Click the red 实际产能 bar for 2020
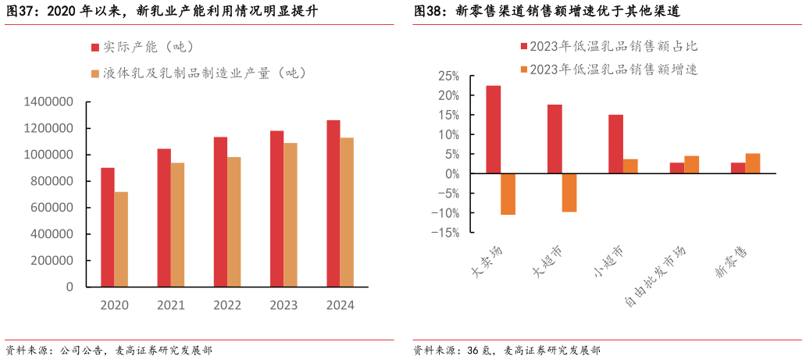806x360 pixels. (x=107, y=227)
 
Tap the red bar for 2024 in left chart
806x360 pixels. (x=333, y=203)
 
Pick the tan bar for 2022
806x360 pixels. (x=234, y=222)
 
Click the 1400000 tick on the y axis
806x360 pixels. (x=48, y=102)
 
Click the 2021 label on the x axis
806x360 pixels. (x=170, y=305)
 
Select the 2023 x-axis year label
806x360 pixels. (x=284, y=305)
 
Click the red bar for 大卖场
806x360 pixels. (x=494, y=130)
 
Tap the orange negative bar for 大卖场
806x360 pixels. (x=508, y=194)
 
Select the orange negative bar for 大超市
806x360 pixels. (x=569, y=192)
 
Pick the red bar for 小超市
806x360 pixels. (x=616, y=144)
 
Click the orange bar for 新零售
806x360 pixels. (x=753, y=164)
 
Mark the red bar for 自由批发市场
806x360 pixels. (x=676, y=168)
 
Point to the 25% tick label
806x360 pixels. (x=449, y=77)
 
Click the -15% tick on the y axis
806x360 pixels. (x=448, y=233)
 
